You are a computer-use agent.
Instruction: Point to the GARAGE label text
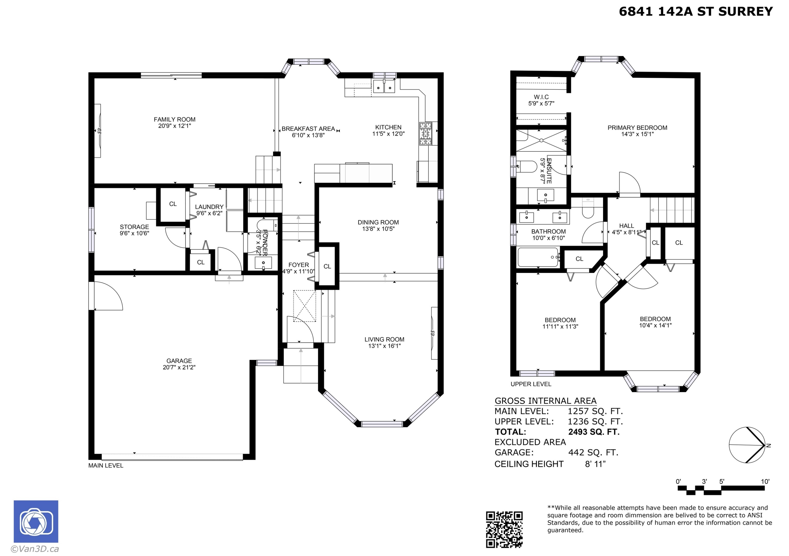point(179,361)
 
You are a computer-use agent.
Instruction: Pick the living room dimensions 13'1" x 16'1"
point(385,346)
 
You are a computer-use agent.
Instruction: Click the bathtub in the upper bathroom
point(538,257)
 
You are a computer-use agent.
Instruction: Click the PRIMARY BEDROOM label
point(638,128)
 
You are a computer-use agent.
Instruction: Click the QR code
point(504,529)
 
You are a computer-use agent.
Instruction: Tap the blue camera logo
point(36,521)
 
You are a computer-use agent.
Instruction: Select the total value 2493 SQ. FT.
point(594,432)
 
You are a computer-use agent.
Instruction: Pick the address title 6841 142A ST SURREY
point(696,12)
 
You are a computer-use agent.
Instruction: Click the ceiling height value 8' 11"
point(595,464)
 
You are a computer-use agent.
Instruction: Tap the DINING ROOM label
point(378,222)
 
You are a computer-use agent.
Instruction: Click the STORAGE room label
point(134,227)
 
